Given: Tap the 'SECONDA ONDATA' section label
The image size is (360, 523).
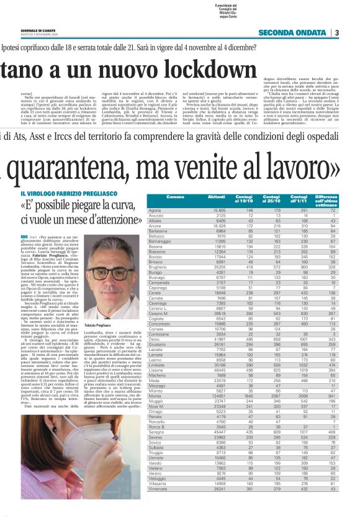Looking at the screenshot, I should coord(294,33).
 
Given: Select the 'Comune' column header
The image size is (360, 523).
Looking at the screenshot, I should coord(175,198).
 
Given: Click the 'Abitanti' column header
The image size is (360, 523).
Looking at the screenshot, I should coord(216,198).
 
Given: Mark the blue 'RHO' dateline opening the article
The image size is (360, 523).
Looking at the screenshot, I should coord(24,237).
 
